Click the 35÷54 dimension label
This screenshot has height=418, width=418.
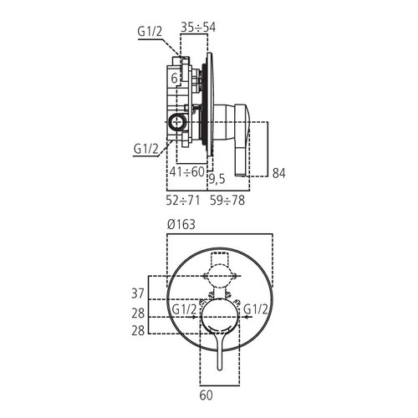(198, 28)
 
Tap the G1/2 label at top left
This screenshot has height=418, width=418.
(150, 32)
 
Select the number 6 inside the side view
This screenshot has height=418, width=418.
(174, 79)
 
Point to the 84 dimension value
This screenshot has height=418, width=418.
(279, 173)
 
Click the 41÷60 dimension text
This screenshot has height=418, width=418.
(187, 171)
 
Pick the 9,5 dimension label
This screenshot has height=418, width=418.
(217, 179)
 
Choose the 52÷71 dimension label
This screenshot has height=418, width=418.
(183, 201)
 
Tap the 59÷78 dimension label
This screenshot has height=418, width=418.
(227, 201)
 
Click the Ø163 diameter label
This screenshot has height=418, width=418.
(181, 224)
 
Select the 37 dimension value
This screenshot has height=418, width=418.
(138, 293)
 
